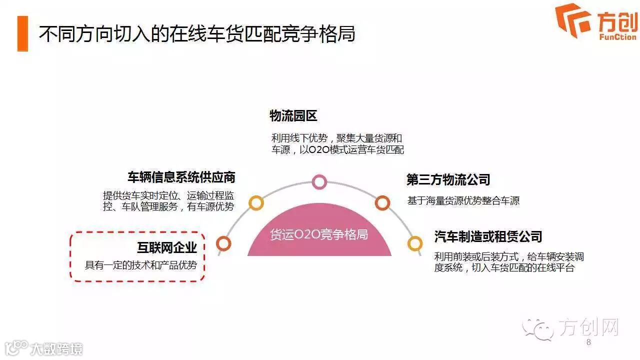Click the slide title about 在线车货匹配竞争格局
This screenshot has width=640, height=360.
coord(197,33)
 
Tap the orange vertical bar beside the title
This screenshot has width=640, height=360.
coord(22,33)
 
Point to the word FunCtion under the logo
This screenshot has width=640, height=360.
coord(617,37)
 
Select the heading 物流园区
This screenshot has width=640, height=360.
coord(293,116)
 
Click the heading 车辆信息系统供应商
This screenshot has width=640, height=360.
coord(181,177)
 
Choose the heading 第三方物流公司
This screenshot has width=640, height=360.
coord(448,180)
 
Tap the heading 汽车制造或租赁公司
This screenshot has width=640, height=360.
coord(488,236)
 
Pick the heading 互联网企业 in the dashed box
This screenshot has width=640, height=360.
coord(167,247)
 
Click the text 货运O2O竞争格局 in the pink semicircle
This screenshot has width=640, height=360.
coord(319,234)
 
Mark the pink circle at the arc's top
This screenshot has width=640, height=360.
coord(319,182)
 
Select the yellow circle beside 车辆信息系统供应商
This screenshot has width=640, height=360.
coord(256,202)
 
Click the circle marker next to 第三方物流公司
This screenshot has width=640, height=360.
coord(382,202)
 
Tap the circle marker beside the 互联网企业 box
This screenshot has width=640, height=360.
coord(223,243)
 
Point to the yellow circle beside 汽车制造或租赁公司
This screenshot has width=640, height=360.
coord(414,243)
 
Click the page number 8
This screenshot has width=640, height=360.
coord(588,342)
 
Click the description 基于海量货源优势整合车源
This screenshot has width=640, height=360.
coord(463,201)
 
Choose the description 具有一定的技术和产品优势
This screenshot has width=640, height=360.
coord(141,265)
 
